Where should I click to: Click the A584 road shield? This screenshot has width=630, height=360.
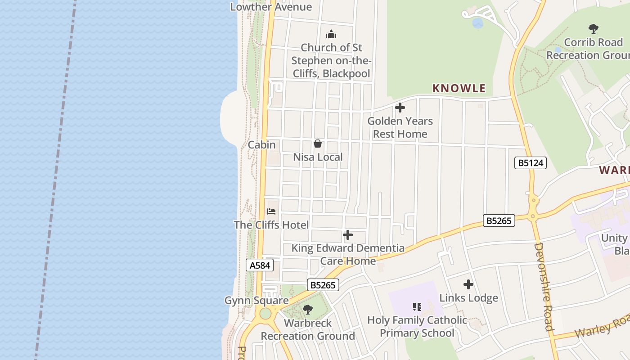(260, 265)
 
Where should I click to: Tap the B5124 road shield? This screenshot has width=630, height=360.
(530, 163)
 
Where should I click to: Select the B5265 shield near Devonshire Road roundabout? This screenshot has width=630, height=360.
(499, 220)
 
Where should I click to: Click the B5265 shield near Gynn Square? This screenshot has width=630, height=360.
(323, 285)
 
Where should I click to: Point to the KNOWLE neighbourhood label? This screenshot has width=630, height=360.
(459, 88)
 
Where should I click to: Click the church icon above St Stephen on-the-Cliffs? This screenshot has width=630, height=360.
(331, 34)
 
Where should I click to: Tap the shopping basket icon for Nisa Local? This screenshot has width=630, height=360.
(318, 144)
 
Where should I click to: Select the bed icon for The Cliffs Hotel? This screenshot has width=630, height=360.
(271, 211)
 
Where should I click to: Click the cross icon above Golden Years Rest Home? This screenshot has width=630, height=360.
(400, 108)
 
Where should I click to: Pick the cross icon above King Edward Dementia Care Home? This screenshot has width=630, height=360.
(348, 235)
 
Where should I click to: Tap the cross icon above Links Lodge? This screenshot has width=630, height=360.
(468, 284)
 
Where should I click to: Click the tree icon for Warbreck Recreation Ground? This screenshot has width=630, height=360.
(308, 310)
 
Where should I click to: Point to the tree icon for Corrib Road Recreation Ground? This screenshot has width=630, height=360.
(594, 29)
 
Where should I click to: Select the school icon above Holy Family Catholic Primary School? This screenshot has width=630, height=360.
(417, 307)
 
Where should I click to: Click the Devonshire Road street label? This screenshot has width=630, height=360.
(543, 287)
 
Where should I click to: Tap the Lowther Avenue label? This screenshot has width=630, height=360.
(271, 7)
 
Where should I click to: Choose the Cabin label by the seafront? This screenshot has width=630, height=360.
(261, 145)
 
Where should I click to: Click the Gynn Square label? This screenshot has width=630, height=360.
(256, 301)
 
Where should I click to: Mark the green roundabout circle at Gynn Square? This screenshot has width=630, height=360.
(265, 313)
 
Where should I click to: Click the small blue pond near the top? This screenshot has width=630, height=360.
(477, 22)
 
